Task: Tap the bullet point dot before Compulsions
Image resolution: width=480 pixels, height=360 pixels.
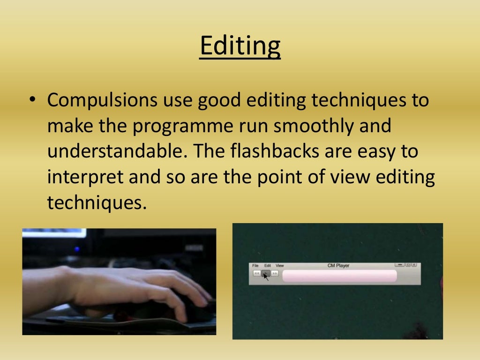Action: point(31,100)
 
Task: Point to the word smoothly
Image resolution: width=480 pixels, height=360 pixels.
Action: point(306,127)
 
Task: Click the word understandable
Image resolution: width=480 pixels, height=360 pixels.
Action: point(120,151)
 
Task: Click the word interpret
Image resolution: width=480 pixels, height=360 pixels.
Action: point(82,177)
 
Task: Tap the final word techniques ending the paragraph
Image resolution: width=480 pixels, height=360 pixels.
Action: point(94,202)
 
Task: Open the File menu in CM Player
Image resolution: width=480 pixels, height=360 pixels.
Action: point(255,266)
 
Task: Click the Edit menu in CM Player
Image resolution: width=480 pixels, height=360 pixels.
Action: point(268,266)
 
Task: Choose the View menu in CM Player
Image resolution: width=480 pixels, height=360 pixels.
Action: point(280,266)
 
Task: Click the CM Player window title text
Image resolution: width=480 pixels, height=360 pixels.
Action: point(338,266)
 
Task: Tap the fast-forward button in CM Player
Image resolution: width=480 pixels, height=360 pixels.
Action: point(275,273)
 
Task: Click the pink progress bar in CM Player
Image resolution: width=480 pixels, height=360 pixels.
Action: point(339,276)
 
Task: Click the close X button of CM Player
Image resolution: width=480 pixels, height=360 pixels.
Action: point(414,265)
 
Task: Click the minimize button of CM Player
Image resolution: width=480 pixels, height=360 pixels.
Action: point(399,265)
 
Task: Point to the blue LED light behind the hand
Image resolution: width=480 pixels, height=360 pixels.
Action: point(76,249)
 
